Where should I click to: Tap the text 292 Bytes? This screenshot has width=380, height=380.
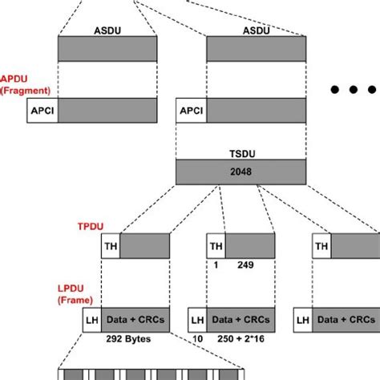[127, 338]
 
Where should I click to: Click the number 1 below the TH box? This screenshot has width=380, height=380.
[215, 264]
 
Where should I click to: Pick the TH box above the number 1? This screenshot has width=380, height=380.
[216, 245]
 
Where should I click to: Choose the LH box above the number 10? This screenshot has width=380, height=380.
[196, 319]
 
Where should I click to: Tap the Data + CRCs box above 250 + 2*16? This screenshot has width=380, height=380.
[239, 319]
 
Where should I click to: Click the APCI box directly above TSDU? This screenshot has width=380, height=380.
[192, 110]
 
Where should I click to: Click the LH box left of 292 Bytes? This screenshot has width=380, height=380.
[91, 319]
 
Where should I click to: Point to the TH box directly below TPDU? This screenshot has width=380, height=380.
[110, 245]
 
